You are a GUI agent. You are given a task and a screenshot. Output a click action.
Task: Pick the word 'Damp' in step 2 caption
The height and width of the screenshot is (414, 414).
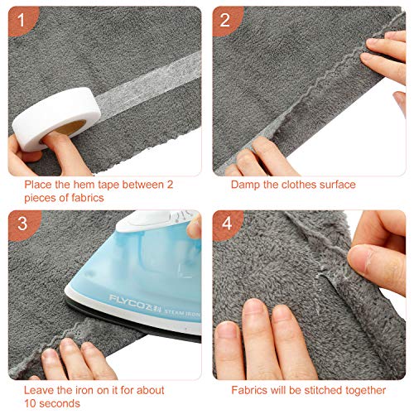(245, 184)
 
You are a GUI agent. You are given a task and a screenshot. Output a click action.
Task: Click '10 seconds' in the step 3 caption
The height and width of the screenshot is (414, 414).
(50, 402)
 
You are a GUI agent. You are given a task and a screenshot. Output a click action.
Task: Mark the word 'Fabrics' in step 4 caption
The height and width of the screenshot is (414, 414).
(249, 389)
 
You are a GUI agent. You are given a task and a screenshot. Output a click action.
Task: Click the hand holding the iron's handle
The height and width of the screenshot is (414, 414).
(190, 228)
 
